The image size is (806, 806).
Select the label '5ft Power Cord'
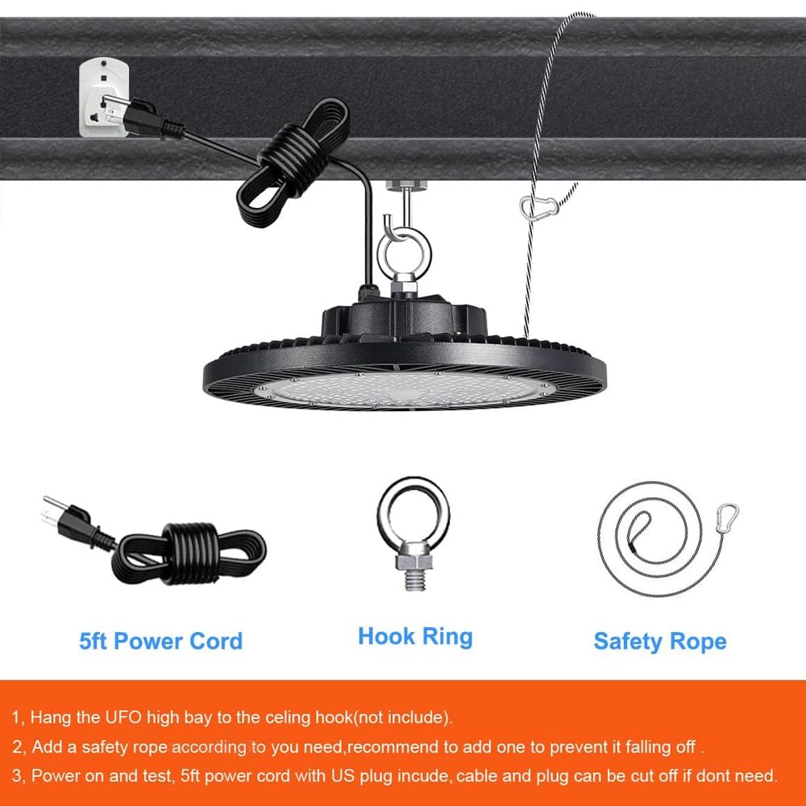tap(160, 642)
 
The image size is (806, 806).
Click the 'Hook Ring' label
tap(415, 637)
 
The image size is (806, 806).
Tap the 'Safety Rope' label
tap(660, 642)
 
